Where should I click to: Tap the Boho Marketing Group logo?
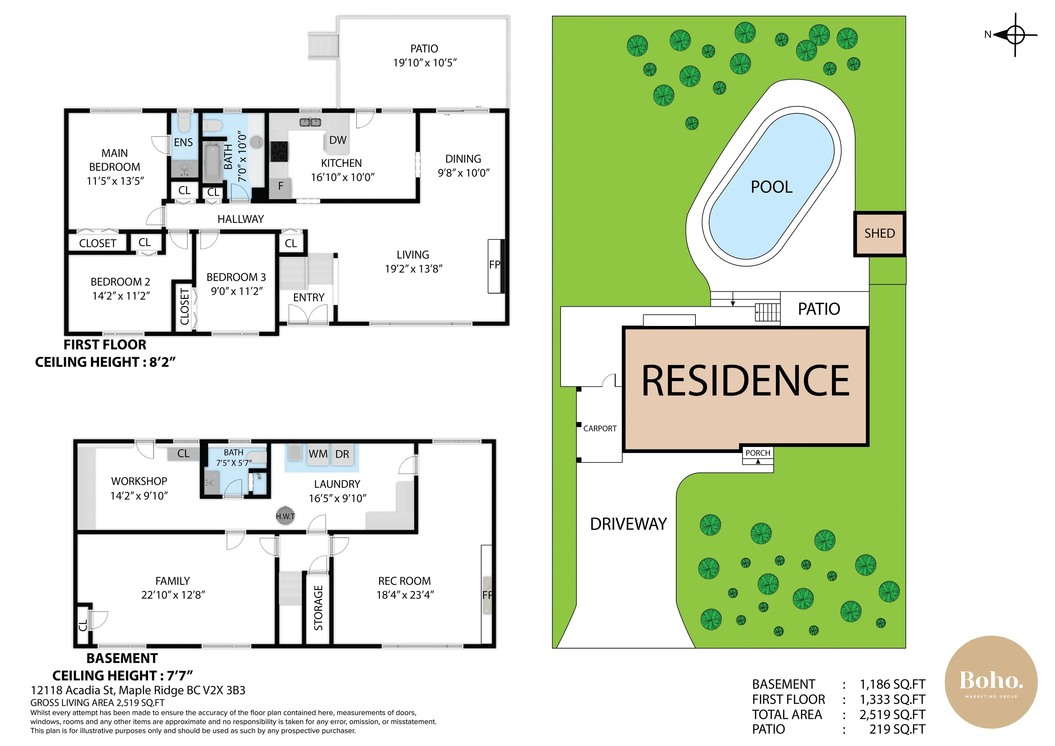pos(991,682)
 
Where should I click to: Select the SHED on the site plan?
pos(880,234)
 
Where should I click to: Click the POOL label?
pos(771,187)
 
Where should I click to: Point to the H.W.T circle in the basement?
pos(285,516)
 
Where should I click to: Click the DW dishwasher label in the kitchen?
pos(338,140)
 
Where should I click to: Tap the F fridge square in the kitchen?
pos(280,186)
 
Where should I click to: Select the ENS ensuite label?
pos(183,143)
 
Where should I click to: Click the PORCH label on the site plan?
pos(758,453)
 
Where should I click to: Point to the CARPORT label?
pos(600,428)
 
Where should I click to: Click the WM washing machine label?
pos(318,454)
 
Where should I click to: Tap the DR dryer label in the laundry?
pos(342,454)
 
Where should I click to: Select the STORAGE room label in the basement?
pos(318,608)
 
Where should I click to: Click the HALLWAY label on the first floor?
pos(241,219)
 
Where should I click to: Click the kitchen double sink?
pos(310,122)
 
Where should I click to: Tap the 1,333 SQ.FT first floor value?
pos(892,700)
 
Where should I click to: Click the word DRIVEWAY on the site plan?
pos(628,524)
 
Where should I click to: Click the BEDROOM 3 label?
pos(236,277)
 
